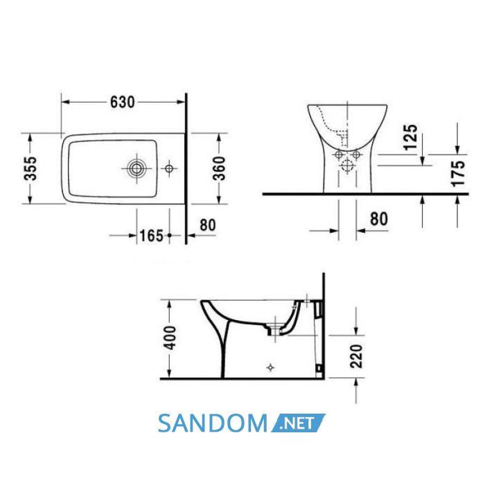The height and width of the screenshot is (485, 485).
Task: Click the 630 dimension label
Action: click(123, 102)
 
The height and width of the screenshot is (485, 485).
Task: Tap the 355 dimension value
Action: click(30, 168)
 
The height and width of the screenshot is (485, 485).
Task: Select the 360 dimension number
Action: click(220, 168)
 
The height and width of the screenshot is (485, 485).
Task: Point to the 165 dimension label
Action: click(151, 236)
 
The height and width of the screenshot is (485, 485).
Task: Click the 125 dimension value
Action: click(411, 137)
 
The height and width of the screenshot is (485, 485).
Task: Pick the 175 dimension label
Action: click(458, 173)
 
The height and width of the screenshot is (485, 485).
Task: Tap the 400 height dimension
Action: click(170, 338)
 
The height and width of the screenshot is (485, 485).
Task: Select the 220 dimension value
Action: click(356, 356)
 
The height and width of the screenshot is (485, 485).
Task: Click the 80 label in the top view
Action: click(208, 225)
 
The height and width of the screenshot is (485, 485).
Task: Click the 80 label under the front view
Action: click(379, 219)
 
